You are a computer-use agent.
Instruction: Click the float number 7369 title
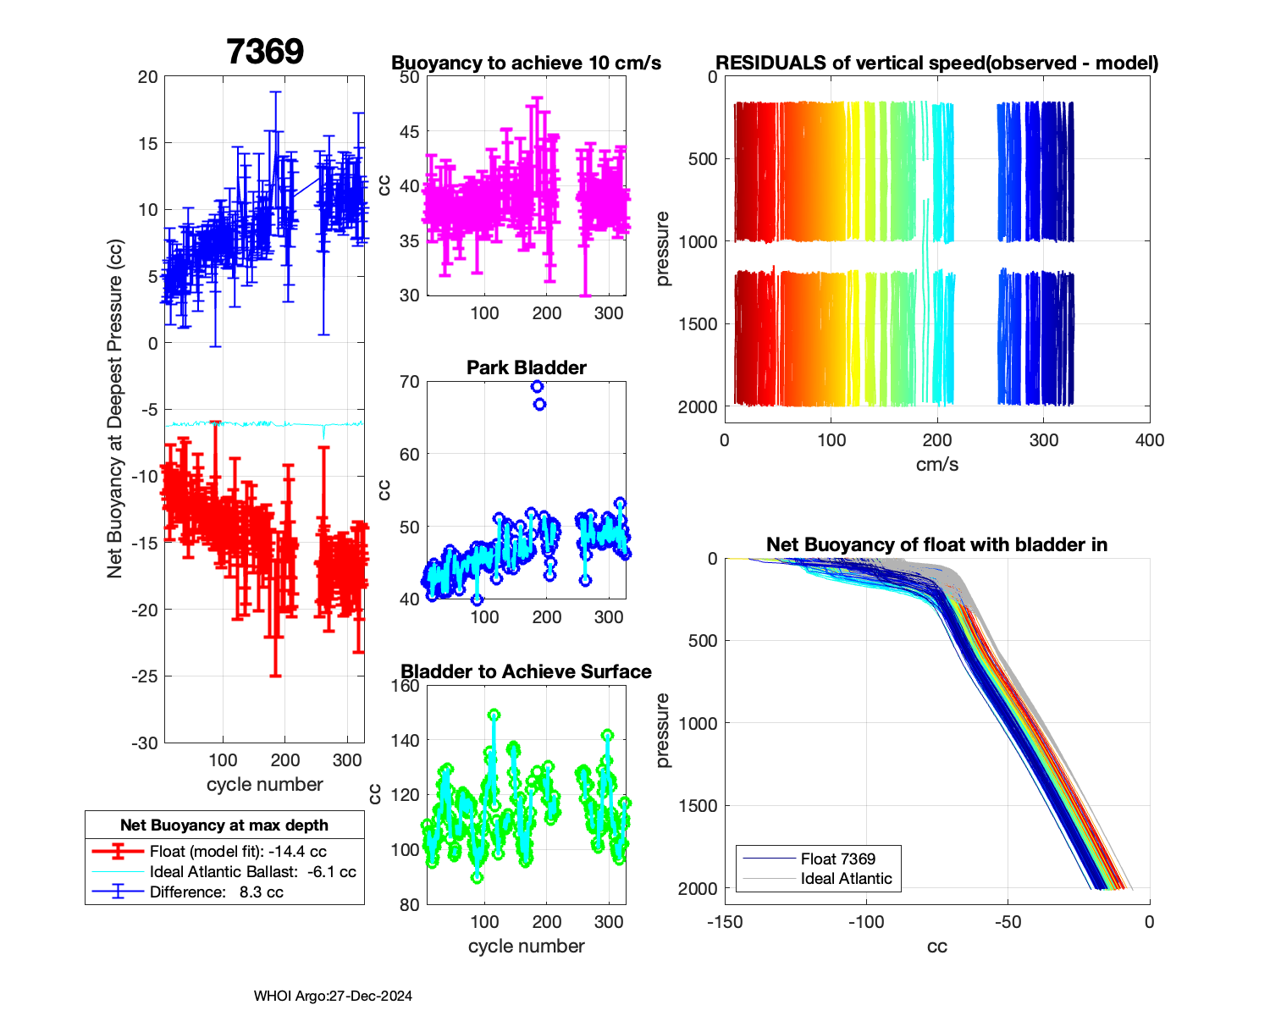tap(265, 52)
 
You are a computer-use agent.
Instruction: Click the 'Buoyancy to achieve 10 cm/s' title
tap(526, 63)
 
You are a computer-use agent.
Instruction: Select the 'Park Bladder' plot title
tap(527, 367)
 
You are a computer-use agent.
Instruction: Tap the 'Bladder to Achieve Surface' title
tap(526, 671)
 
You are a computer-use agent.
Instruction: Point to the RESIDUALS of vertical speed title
tap(936, 63)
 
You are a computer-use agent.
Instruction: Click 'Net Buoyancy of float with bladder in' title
tap(936, 544)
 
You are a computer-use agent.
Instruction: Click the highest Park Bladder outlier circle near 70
tap(537, 387)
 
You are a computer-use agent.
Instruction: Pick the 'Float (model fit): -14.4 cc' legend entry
tap(237, 852)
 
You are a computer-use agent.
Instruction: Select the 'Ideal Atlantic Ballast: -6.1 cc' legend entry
tap(252, 872)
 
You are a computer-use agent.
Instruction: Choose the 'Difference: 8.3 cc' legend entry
tap(216, 892)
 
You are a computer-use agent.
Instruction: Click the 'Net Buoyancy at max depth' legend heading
tap(224, 825)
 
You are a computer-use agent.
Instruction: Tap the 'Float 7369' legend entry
tap(837, 859)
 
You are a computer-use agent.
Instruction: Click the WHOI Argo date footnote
tap(333, 997)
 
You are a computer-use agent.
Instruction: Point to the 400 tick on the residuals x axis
tap(1150, 440)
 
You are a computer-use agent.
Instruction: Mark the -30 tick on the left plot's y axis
tap(145, 743)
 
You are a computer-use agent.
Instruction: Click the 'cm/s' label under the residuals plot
tap(936, 464)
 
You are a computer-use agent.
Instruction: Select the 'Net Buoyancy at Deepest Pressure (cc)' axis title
tap(115, 410)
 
